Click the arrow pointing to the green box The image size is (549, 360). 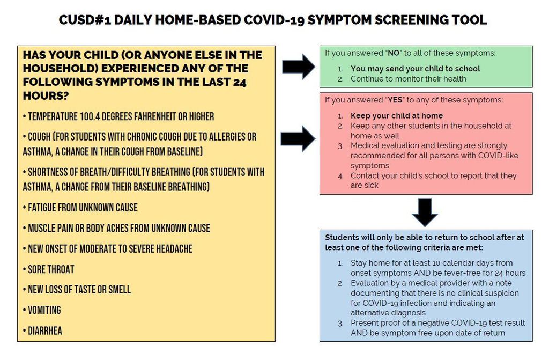[299, 67]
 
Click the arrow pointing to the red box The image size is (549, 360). [298, 139]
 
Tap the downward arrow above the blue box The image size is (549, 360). [425, 212]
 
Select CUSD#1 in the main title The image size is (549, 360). [85, 20]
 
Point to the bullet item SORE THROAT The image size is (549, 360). [48, 269]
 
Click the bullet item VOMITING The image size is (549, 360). [42, 310]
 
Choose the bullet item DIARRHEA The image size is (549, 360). [42, 330]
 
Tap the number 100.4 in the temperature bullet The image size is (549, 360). [90, 116]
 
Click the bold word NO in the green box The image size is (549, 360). [394, 53]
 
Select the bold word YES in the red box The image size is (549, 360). [395, 100]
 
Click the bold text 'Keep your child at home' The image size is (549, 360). [397, 116]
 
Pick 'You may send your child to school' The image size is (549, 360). [416, 69]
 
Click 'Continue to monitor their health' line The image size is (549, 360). [408, 79]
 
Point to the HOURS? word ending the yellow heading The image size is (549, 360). [46, 95]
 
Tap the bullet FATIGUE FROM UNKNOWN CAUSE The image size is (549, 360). [80, 208]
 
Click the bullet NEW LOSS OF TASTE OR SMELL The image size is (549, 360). [77, 290]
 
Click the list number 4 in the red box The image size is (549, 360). [340, 177]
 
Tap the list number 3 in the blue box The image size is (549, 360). [340, 324]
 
